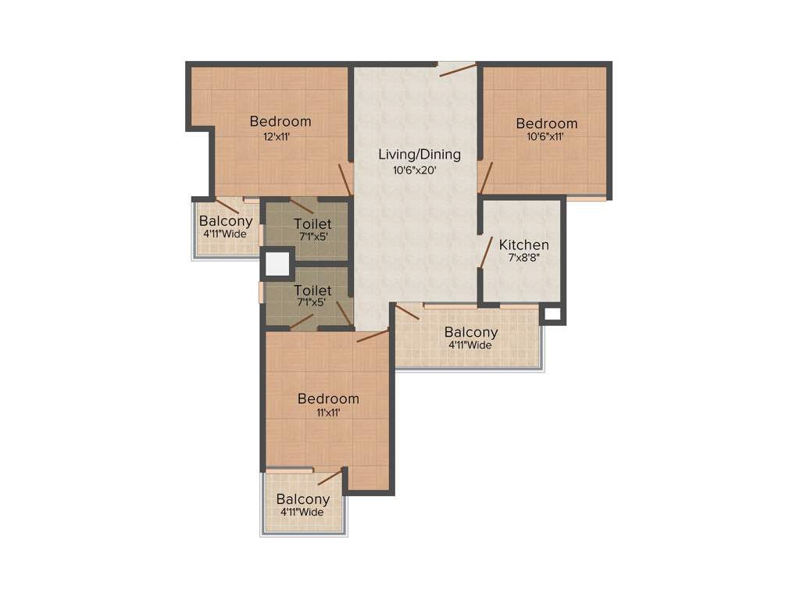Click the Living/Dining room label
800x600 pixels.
tap(420, 154)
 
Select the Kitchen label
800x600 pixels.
tap(523, 245)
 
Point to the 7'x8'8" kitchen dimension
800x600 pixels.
tap(523, 258)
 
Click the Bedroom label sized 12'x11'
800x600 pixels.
tap(280, 121)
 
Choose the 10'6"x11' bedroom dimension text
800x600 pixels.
tap(545, 137)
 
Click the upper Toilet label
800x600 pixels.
tap(313, 224)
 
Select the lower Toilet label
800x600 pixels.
tap(313, 291)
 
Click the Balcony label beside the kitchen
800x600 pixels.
tap(471, 332)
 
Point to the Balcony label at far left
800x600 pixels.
tap(225, 221)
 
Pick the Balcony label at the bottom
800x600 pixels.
tap(303, 499)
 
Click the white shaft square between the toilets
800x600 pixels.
tap(277, 263)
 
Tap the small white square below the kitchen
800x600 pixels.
tap(552, 314)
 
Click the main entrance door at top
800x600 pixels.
tap(457, 70)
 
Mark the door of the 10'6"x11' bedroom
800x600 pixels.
tap(485, 178)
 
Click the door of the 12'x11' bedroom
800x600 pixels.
tap(345, 180)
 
